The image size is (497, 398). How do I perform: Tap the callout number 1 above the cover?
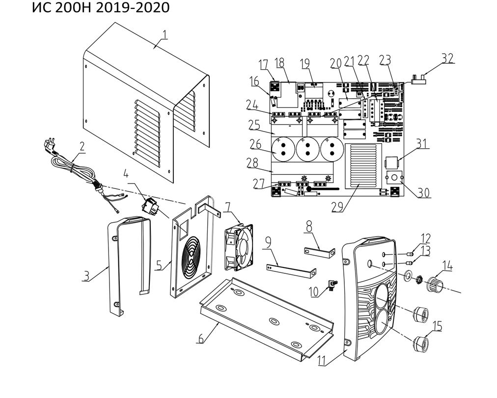(x=165, y=34)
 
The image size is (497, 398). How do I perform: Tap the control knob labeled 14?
(x=434, y=284)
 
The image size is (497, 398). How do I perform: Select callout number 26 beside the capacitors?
(x=255, y=144)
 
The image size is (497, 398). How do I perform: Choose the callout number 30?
(x=423, y=193)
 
